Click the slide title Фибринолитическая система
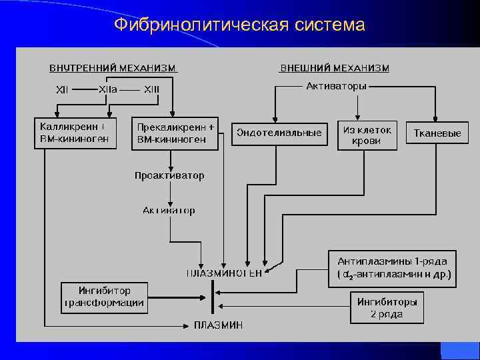tap(239, 25)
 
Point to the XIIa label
tap(108, 89)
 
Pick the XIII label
tap(151, 89)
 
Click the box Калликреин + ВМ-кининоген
tap(75, 133)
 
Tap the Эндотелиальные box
tap(279, 133)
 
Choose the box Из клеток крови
tap(367, 135)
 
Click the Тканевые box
tap(437, 133)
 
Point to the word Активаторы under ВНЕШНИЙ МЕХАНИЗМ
tap(336, 85)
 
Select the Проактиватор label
tap(169, 176)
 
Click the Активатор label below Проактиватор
tap(169, 211)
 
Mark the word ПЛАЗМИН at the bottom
tap(219, 325)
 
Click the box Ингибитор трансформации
tap(103, 297)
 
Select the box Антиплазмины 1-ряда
tap(392, 268)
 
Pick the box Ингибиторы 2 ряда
tap(387, 307)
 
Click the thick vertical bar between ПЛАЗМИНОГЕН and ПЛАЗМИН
tap(213, 297)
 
